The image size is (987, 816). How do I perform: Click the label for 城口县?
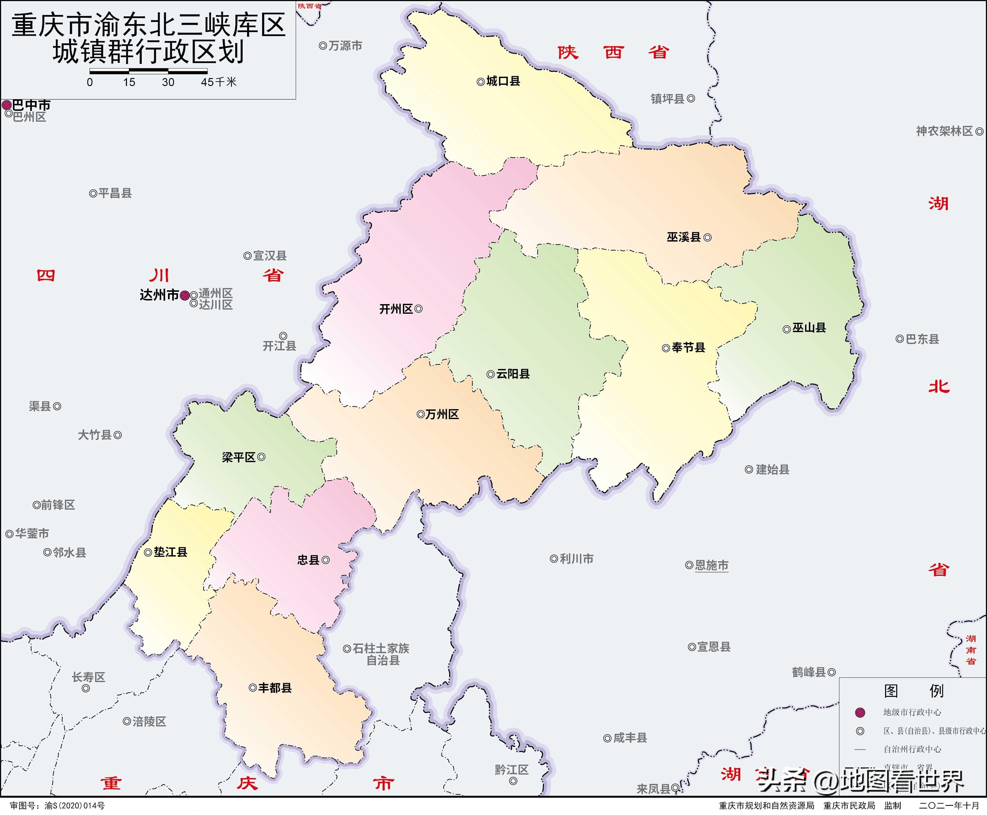point(503,81)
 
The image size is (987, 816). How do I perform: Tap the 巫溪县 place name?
point(683,237)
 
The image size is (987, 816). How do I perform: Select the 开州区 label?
point(396,309)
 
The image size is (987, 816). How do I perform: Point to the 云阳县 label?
point(513,374)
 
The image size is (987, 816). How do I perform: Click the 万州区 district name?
point(442,414)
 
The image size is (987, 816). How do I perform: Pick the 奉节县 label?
point(688,348)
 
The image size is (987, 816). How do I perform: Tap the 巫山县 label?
point(809,328)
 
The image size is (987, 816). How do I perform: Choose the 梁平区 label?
point(238,457)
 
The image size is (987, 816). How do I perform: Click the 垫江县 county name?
point(170,552)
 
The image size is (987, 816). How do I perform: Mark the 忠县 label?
point(308,560)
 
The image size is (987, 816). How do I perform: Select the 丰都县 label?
point(275,688)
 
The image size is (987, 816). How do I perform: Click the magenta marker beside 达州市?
point(185,295)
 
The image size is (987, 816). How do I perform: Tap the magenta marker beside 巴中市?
point(6,105)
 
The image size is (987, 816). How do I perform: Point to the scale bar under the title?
point(148,71)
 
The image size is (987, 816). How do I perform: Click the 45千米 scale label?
point(218,82)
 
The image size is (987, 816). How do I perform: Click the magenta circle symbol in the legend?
point(860,712)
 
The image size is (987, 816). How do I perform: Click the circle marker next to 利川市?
point(554,558)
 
